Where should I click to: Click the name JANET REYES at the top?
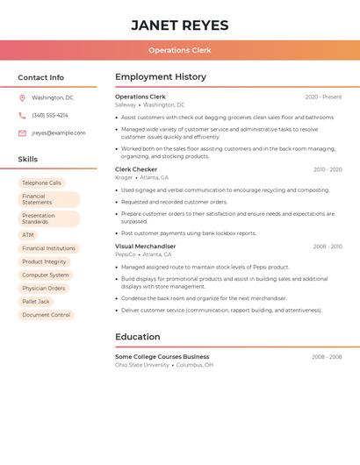[x=179, y=25]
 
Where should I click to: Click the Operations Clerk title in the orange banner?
[x=179, y=51]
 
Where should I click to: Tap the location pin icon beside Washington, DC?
[x=22, y=98]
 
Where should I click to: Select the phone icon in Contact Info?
[x=22, y=115]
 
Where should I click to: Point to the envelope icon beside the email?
[x=22, y=133]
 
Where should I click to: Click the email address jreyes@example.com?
[x=59, y=133]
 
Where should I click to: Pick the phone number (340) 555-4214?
[x=50, y=115]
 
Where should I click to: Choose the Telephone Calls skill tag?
[x=41, y=182]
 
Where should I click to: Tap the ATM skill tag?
[x=28, y=235]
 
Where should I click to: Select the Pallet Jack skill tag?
[x=36, y=301]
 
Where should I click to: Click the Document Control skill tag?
[x=46, y=314]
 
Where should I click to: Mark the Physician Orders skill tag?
[x=43, y=288]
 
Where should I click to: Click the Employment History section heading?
[x=161, y=77]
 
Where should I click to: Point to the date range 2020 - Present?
[x=323, y=97]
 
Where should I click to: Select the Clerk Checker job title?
[x=136, y=169]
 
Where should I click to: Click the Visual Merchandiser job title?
[x=145, y=247]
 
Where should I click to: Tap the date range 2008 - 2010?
[x=327, y=247]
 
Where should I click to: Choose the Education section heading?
[x=138, y=337]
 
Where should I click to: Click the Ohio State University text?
[x=142, y=365]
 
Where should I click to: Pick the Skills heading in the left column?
[x=28, y=160]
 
